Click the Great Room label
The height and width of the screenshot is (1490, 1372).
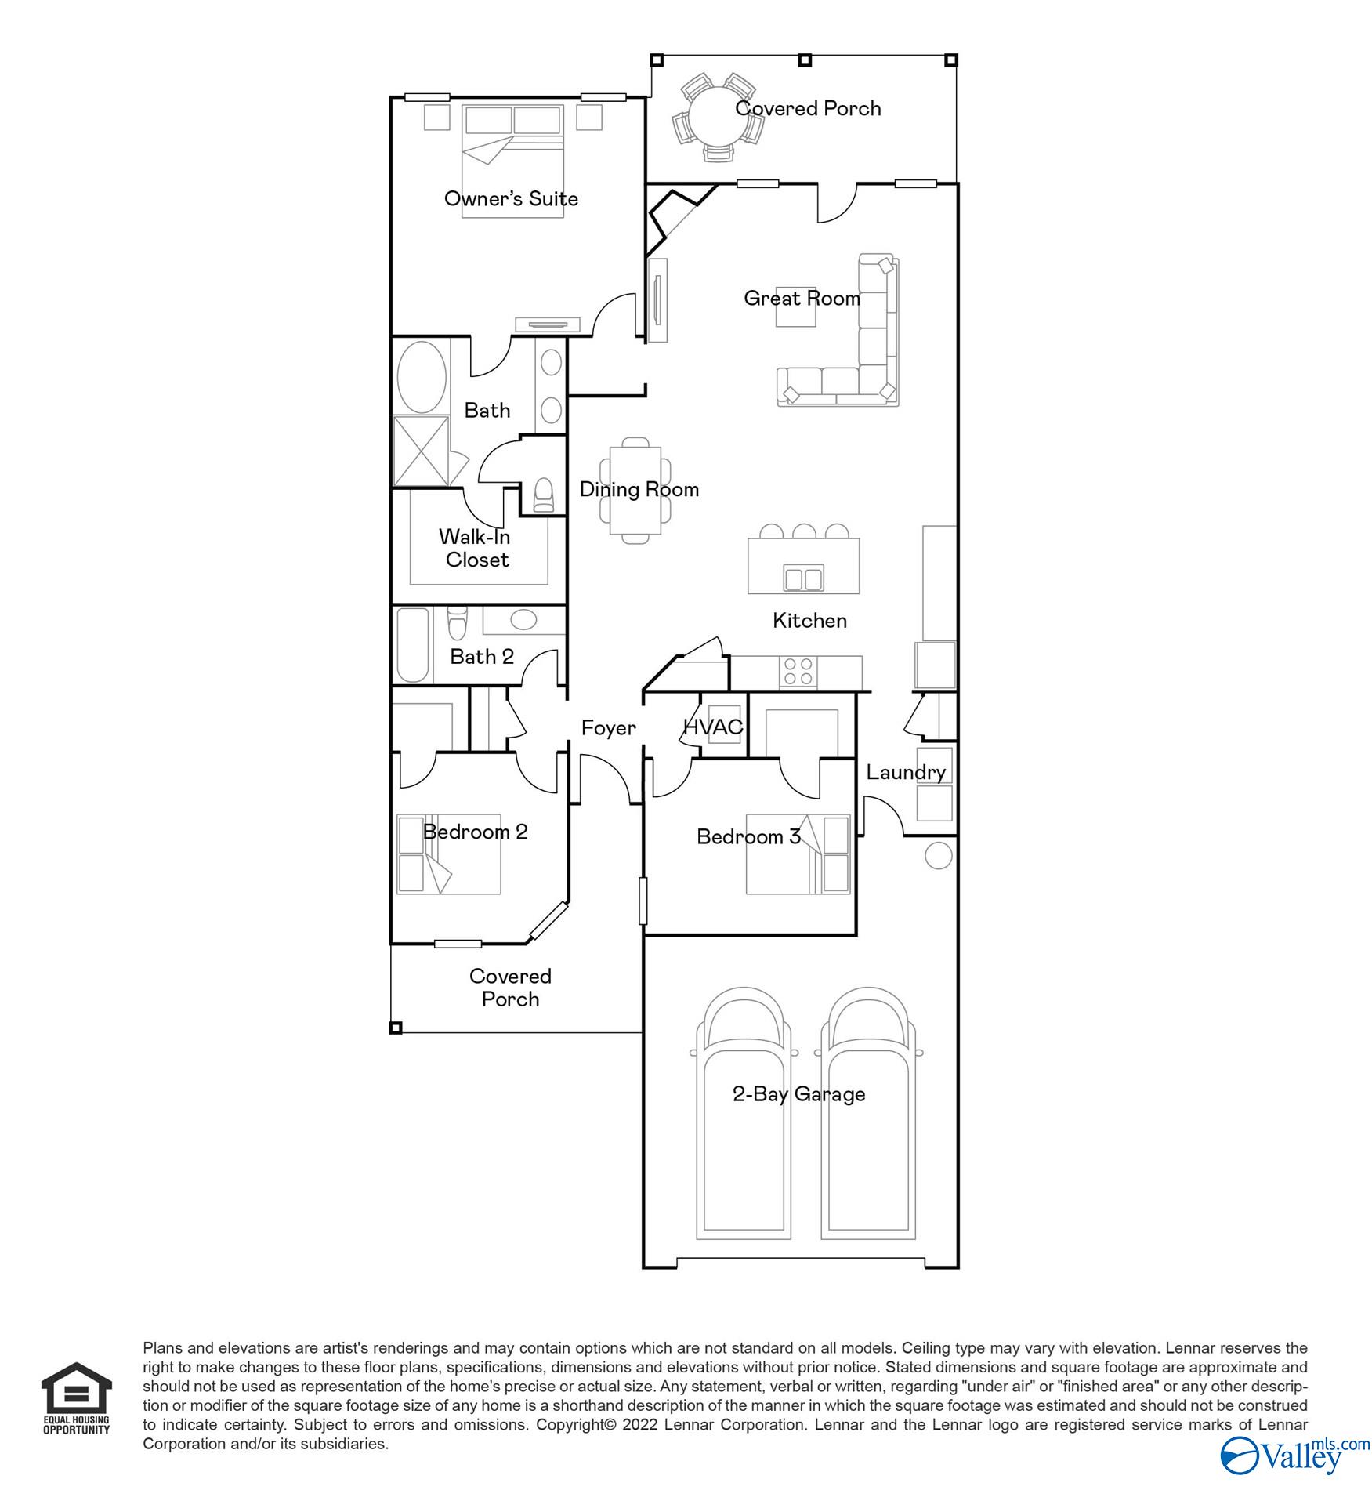(801, 298)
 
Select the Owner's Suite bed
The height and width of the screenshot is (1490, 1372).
(512, 161)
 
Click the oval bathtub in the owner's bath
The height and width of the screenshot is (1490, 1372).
(422, 378)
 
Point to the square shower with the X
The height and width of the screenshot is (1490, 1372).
(421, 451)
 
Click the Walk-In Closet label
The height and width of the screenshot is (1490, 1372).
(476, 548)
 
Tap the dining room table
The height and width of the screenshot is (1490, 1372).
(635, 491)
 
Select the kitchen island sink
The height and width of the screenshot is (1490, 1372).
(803, 578)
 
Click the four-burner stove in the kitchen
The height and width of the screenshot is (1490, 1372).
(798, 672)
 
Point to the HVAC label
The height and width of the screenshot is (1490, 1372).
(712, 727)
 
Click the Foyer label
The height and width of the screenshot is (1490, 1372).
(608, 728)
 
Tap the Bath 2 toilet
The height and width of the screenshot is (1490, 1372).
(456, 622)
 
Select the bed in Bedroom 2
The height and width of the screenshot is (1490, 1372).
(449, 854)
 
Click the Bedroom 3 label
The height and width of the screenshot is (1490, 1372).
(748, 836)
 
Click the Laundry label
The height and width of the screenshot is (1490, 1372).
(905, 772)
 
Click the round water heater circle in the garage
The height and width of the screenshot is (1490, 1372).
(938, 856)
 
